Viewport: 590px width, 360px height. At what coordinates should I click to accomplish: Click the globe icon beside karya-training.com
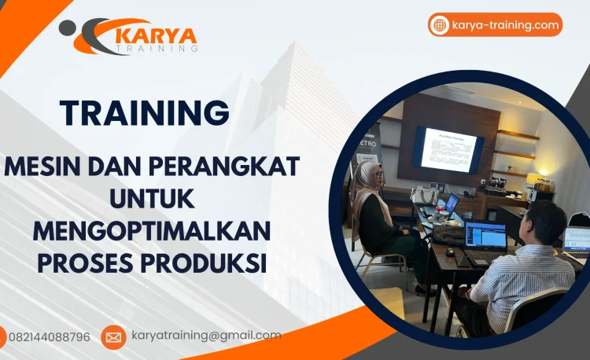[439, 25]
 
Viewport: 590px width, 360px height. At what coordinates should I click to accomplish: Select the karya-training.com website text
[505, 25]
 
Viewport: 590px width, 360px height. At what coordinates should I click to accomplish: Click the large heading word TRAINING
[145, 112]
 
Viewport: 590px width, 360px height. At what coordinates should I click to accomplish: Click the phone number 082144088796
[49, 336]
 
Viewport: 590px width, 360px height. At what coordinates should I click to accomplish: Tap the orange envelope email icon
[113, 337]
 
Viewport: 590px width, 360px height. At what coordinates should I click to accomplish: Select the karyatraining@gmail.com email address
[206, 336]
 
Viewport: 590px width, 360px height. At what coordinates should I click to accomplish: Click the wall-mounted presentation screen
[448, 149]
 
